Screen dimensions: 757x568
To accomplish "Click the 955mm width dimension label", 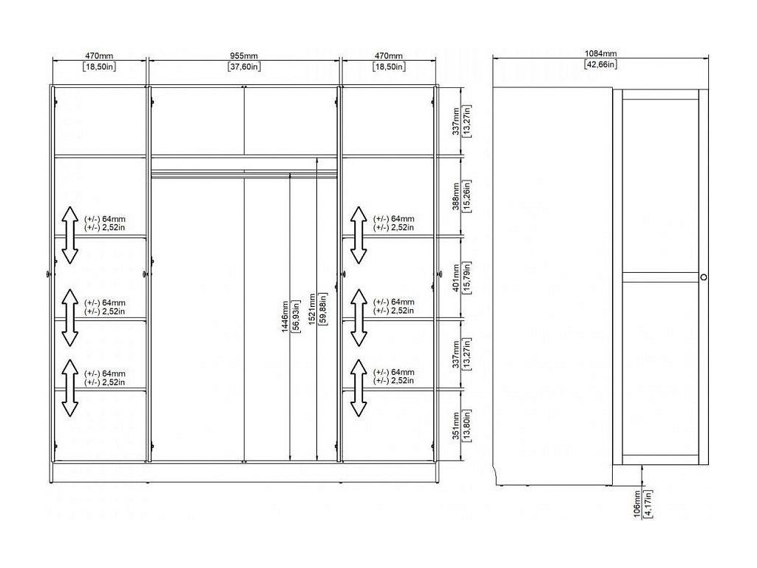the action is [243, 56].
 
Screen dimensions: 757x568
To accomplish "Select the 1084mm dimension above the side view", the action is [600, 53].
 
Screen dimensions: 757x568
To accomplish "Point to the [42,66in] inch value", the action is [600, 64].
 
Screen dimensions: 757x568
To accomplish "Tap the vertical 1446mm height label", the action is [285, 317].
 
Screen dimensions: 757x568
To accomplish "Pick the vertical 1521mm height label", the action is [312, 317].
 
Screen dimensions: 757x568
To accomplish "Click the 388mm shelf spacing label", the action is [456, 196].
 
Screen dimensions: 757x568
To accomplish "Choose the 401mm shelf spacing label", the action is [456, 277].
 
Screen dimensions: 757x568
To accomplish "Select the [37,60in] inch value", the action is [243, 67].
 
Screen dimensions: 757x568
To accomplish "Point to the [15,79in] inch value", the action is [467, 277].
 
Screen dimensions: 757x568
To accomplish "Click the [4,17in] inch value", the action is [648, 503].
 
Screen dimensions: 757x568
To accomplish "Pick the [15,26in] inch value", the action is [467, 196].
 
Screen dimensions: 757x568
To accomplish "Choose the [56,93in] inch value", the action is [296, 317].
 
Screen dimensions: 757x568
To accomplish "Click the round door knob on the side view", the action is [702, 277].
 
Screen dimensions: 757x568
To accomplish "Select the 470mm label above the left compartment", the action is [99, 56].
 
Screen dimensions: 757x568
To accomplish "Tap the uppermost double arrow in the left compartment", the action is [69, 235].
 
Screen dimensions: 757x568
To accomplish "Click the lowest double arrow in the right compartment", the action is [359, 388].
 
